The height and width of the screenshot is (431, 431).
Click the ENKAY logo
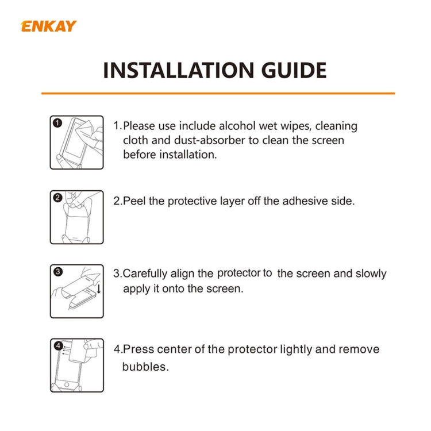[48, 26]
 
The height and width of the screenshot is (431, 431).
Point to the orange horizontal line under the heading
[218, 93]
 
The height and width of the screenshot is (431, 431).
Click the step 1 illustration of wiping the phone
[76, 143]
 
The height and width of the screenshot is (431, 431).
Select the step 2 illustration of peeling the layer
[76, 217]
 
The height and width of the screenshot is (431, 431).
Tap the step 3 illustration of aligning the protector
[76, 291]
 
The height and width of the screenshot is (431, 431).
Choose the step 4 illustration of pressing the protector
[76, 365]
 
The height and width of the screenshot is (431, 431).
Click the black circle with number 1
[57, 123]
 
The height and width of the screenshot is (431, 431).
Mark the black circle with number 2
[57, 198]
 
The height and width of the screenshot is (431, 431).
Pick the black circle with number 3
[57, 272]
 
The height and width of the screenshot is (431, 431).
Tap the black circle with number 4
[57, 345]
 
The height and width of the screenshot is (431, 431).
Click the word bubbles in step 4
[145, 367]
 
